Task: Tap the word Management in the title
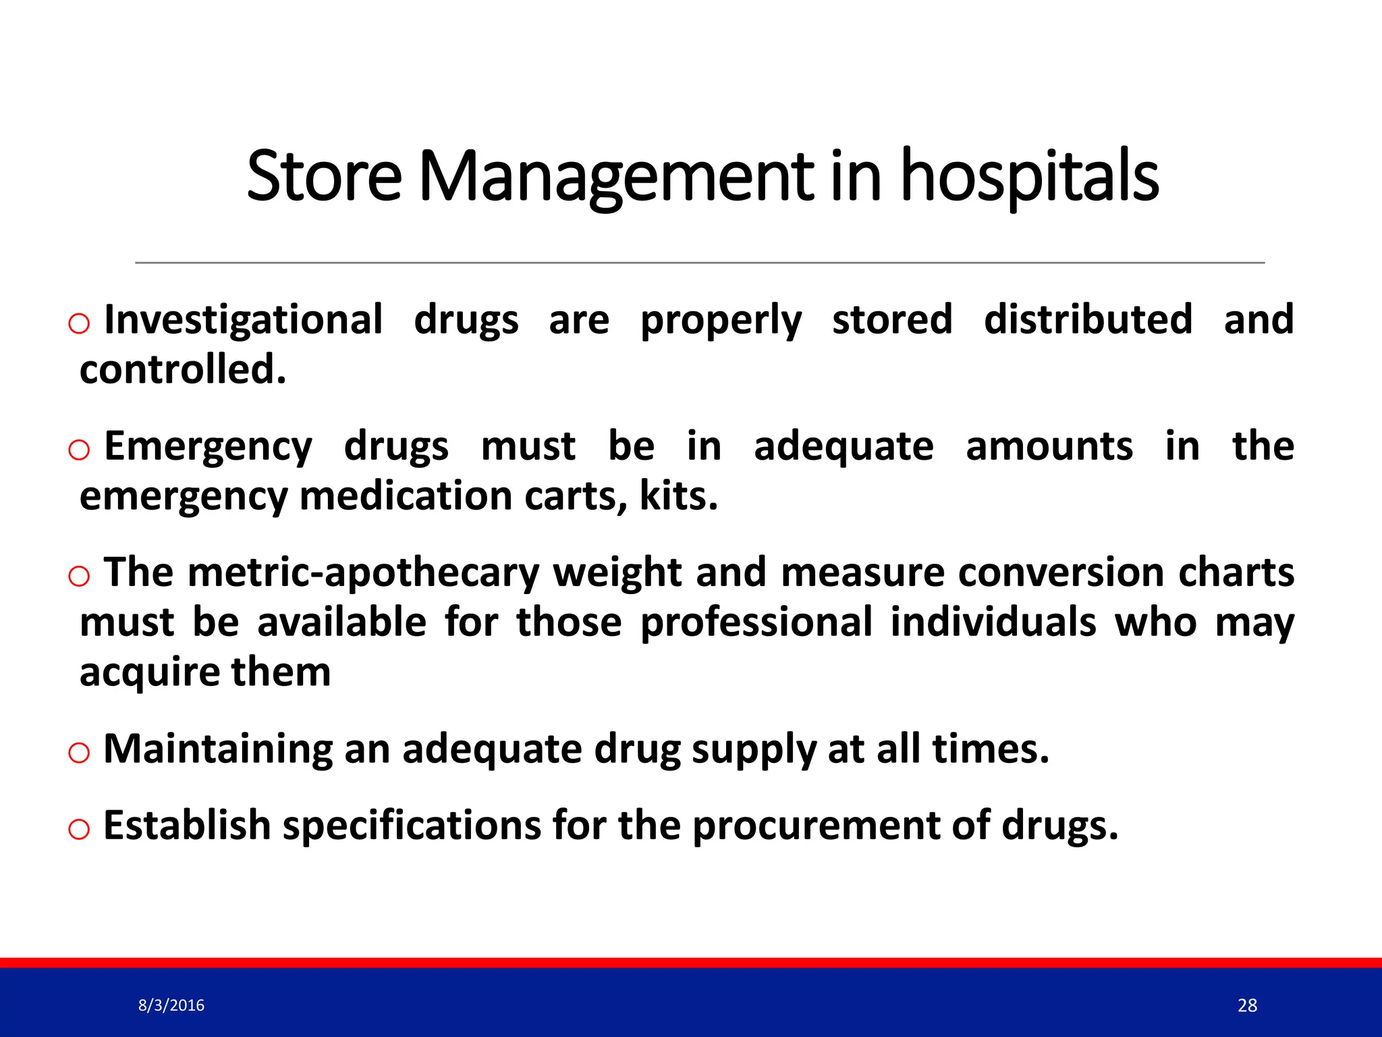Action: tap(616, 177)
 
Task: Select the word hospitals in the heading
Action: tap(1030, 177)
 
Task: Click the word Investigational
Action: tap(244, 319)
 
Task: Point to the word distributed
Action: tap(1088, 319)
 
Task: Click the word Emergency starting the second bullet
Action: tap(209, 447)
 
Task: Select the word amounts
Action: tap(1049, 447)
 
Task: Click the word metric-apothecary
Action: tap(364, 573)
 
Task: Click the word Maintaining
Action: tap(218, 749)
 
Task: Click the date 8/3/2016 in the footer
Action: tap(171, 1005)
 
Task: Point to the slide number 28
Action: tap(1247, 1005)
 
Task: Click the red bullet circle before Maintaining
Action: tap(79, 752)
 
